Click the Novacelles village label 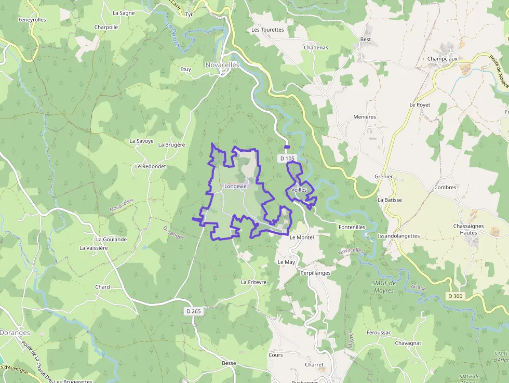coord(222,65)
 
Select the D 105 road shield coord(287,158)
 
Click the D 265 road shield coord(193,311)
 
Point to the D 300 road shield coord(454,296)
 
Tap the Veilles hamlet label coord(299,190)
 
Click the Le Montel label coord(302,237)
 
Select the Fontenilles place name coord(352,227)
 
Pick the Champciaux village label coord(443,59)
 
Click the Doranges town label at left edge coord(15,333)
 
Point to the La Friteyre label coord(253,282)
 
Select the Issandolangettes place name coord(398,235)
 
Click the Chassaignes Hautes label coord(468,229)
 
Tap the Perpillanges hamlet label coord(315,272)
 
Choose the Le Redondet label coord(150,166)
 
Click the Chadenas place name coord(316,47)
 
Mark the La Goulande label coord(111,240)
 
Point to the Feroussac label coord(378,332)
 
